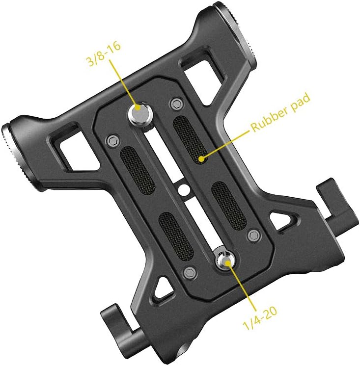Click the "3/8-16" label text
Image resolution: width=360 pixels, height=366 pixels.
(x=104, y=53)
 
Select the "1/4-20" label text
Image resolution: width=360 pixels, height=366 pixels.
(x=260, y=318)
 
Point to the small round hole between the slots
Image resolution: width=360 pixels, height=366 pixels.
(x=184, y=189)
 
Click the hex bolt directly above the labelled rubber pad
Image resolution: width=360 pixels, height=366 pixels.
(x=177, y=104)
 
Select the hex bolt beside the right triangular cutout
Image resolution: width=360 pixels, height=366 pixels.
(x=254, y=235)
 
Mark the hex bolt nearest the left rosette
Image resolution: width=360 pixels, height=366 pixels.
(x=113, y=140)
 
